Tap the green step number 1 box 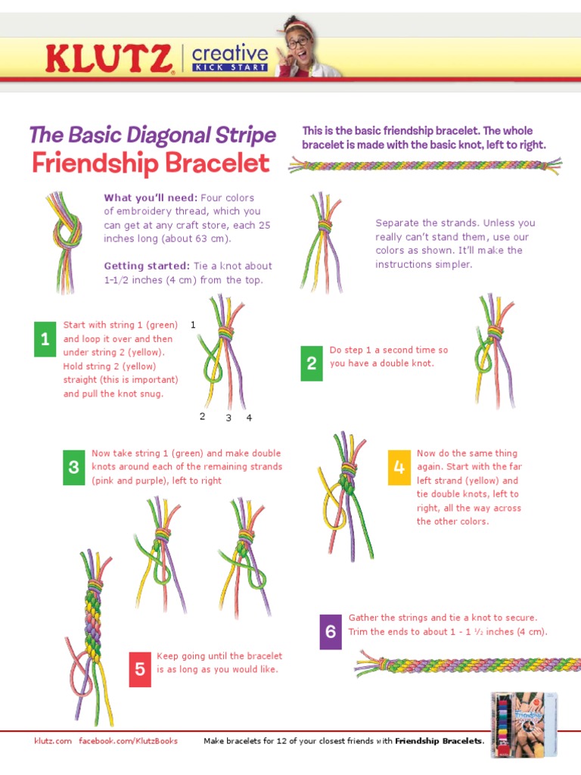[45, 339]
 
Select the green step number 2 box [311, 364]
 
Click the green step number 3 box [73, 467]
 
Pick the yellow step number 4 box [399, 468]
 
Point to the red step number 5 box [140, 669]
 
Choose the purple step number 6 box [331, 631]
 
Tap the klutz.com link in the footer [53, 741]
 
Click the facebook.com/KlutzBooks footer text [129, 741]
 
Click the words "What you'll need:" [151, 198]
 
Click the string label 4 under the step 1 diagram [249, 418]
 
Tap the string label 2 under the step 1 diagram [202, 416]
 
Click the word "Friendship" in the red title [96, 163]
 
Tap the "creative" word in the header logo [230, 54]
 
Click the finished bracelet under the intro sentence [425, 165]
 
